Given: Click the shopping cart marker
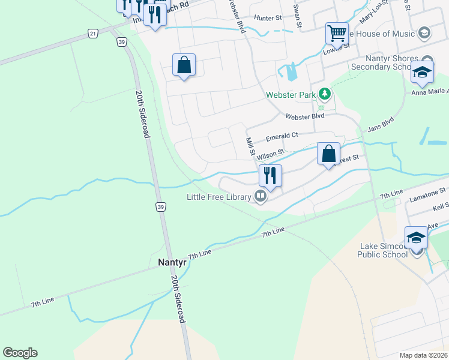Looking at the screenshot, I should [337, 32].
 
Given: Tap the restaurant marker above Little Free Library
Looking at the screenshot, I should [270, 175].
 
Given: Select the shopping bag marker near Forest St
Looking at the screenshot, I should [328, 154].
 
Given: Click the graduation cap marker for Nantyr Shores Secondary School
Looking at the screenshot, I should [422, 72].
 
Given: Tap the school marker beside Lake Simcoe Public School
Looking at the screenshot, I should [416, 236].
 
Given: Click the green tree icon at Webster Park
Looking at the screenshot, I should [325, 94].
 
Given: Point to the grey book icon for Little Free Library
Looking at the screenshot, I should [260, 196].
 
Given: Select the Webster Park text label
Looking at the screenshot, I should [291, 95].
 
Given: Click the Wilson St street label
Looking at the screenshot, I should [270, 155].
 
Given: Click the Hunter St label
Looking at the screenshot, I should [268, 19].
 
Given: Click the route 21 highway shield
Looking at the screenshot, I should [92, 34].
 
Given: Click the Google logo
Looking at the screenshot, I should [20, 353].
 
